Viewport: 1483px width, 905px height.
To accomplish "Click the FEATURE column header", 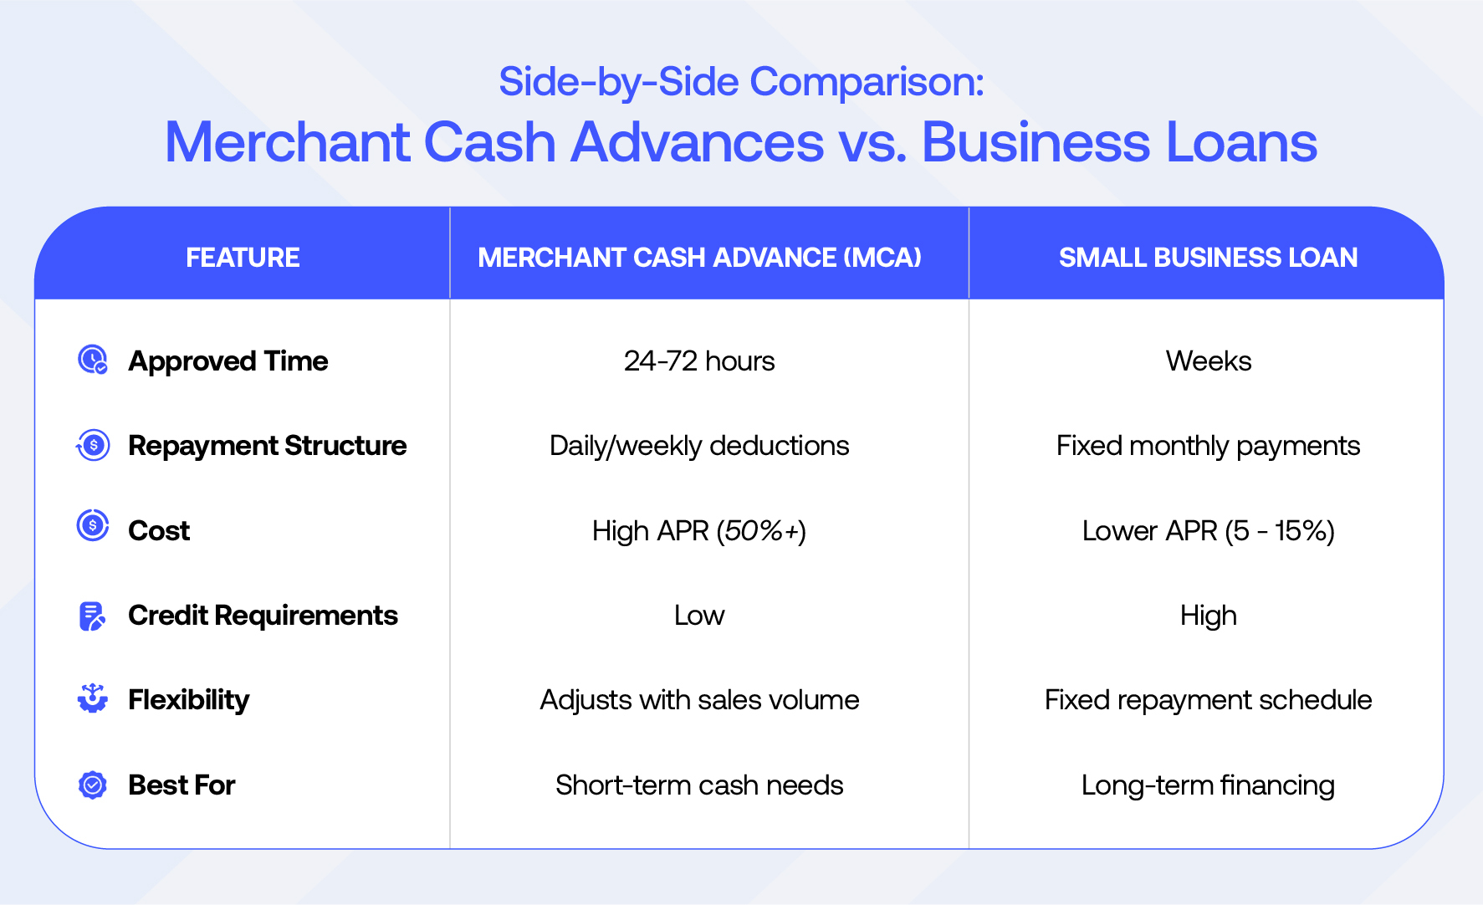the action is [x=243, y=258].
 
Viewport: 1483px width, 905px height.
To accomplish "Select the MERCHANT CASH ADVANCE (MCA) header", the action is [x=699, y=258].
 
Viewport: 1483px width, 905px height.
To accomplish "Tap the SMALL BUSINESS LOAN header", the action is [x=1208, y=258].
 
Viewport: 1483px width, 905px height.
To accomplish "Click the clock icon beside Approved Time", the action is [x=93, y=360].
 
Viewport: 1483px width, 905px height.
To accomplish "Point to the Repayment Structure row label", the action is [x=268, y=446].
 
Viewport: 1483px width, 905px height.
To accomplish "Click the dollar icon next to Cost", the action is [x=93, y=526].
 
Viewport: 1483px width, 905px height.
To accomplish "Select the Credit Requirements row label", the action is [x=263, y=616].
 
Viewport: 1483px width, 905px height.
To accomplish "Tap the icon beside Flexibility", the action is [x=93, y=698].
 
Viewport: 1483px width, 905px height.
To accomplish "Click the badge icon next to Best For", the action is [x=93, y=785].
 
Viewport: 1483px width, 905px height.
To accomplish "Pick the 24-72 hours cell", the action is [x=699, y=361].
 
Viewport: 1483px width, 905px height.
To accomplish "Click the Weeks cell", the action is [x=1209, y=361].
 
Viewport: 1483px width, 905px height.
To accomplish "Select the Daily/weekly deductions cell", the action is [x=699, y=447].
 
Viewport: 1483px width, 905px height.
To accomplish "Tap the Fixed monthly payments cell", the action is [x=1209, y=447].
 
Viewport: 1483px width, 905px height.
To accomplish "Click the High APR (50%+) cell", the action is [x=699, y=531].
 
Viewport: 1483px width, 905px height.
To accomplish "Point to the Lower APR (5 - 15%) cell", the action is [x=1209, y=531].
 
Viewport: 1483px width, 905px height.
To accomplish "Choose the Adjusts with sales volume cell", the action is [x=699, y=700].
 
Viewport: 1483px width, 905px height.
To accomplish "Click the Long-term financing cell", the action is [x=1209, y=785].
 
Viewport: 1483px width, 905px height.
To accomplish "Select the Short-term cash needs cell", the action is [x=699, y=785].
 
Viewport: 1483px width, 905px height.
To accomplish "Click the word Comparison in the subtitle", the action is [x=867, y=83].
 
